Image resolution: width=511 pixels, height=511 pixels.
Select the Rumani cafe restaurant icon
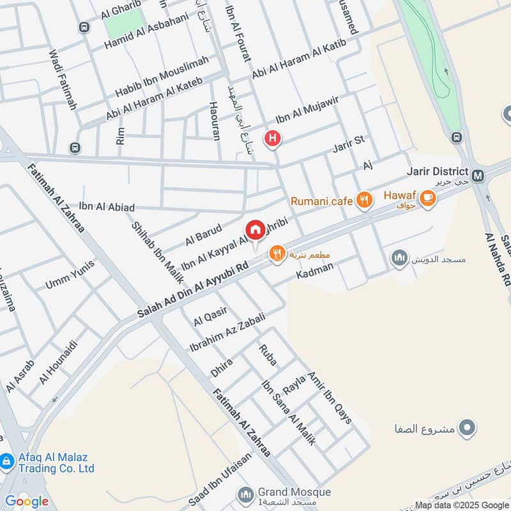click(x=364, y=201)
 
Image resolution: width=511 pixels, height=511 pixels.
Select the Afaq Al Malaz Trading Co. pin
click(x=7, y=461)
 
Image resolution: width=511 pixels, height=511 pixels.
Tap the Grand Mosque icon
click(x=246, y=494)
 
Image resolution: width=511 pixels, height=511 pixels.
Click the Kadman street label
click(x=315, y=271)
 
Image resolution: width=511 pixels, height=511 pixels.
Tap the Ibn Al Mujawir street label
click(x=306, y=111)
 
